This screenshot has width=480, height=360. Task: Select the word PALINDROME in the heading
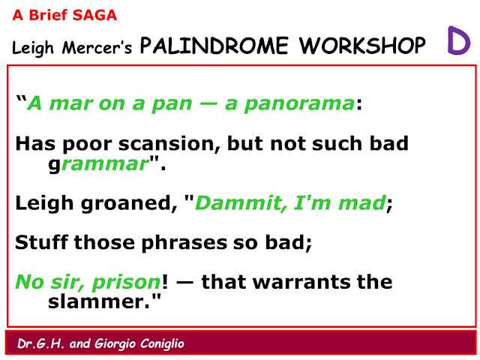(214, 46)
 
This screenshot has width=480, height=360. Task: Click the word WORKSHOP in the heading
(362, 46)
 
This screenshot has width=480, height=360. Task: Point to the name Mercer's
(97, 48)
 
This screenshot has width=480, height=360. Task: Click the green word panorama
(299, 103)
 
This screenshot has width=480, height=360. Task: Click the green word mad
(362, 202)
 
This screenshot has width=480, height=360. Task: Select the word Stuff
(41, 242)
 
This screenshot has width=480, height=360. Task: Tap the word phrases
(184, 243)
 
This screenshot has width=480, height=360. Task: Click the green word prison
(126, 282)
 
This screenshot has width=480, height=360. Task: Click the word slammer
(98, 301)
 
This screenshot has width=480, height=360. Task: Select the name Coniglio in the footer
(162, 344)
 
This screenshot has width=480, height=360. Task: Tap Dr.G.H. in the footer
(41, 343)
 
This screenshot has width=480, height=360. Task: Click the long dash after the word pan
(208, 104)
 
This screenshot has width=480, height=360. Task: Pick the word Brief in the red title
(48, 15)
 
